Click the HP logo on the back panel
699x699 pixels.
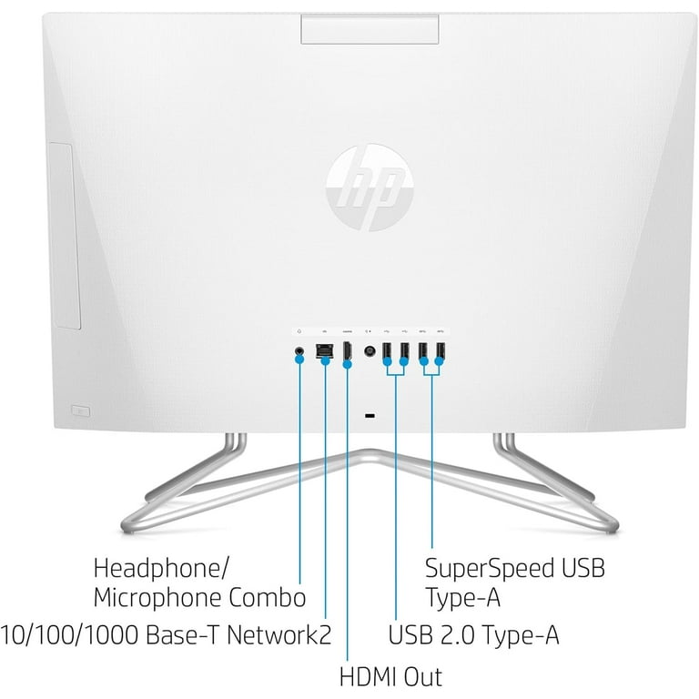(370, 187)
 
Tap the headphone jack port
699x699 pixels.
(299, 350)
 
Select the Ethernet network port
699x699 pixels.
(324, 350)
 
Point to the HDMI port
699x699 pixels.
(347, 350)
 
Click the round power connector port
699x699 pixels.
(370, 351)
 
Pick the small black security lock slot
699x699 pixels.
(370, 416)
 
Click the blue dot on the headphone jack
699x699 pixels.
(300, 359)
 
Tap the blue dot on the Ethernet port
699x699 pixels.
(326, 360)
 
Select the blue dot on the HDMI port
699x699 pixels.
(348, 364)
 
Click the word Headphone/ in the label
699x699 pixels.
(161, 568)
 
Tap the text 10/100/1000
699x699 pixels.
(69, 634)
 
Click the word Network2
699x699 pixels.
(279, 634)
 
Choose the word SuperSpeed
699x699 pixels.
(489, 568)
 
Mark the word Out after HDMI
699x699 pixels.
(423, 676)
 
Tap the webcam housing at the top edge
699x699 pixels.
(370, 29)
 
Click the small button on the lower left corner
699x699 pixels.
(81, 411)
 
